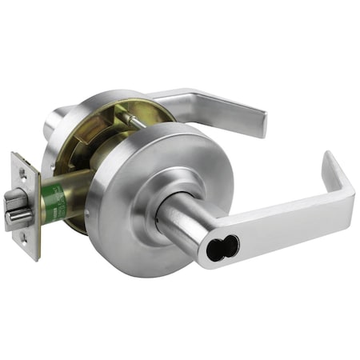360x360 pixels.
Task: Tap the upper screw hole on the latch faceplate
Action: pyautogui.click(x=21, y=172)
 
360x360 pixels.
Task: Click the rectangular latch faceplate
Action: pyautogui.click(x=27, y=206)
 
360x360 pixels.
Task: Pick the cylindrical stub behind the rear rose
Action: pyautogui.click(x=54, y=125)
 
